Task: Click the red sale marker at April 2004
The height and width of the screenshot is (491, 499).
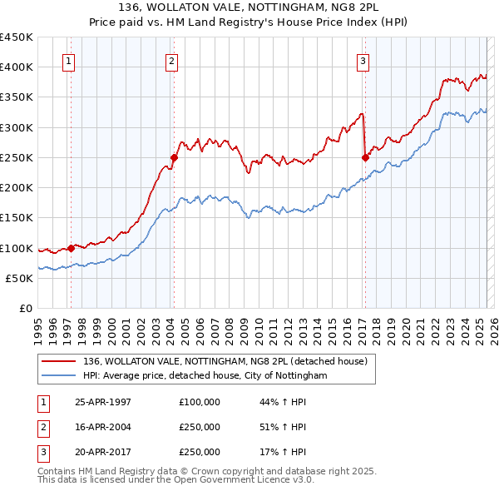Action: [x=175, y=157]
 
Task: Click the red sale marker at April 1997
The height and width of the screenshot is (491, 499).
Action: [x=71, y=247]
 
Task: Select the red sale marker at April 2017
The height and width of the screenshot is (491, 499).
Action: [x=365, y=157]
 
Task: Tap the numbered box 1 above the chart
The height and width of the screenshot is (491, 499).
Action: [x=67, y=60]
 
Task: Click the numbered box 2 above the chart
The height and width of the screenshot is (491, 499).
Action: [x=170, y=60]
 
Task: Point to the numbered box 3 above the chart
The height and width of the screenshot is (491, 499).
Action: [x=363, y=60]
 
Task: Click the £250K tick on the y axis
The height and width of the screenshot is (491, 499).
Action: [x=17, y=157]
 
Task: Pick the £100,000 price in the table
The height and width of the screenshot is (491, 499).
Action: [x=199, y=402]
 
